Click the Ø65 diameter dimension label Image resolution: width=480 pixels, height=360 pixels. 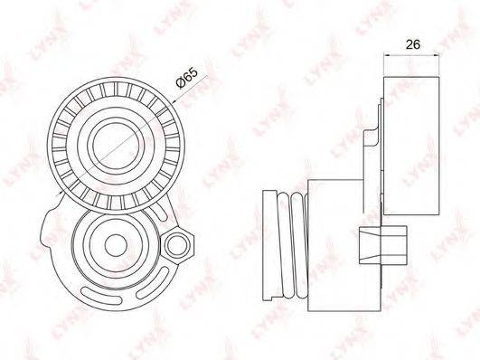pyautogui.click(x=186, y=78)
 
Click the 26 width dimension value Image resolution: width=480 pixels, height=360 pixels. pyautogui.click(x=412, y=44)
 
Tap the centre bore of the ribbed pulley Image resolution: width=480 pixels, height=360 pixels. pyautogui.click(x=116, y=146)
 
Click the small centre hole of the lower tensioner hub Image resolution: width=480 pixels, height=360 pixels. pyautogui.click(x=116, y=245)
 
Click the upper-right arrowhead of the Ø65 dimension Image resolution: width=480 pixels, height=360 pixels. pyautogui.click(x=174, y=100)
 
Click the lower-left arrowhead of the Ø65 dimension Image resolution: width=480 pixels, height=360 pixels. pyautogui.click(x=61, y=192)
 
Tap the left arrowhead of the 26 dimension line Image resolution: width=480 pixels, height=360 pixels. pyautogui.click(x=387, y=55)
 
